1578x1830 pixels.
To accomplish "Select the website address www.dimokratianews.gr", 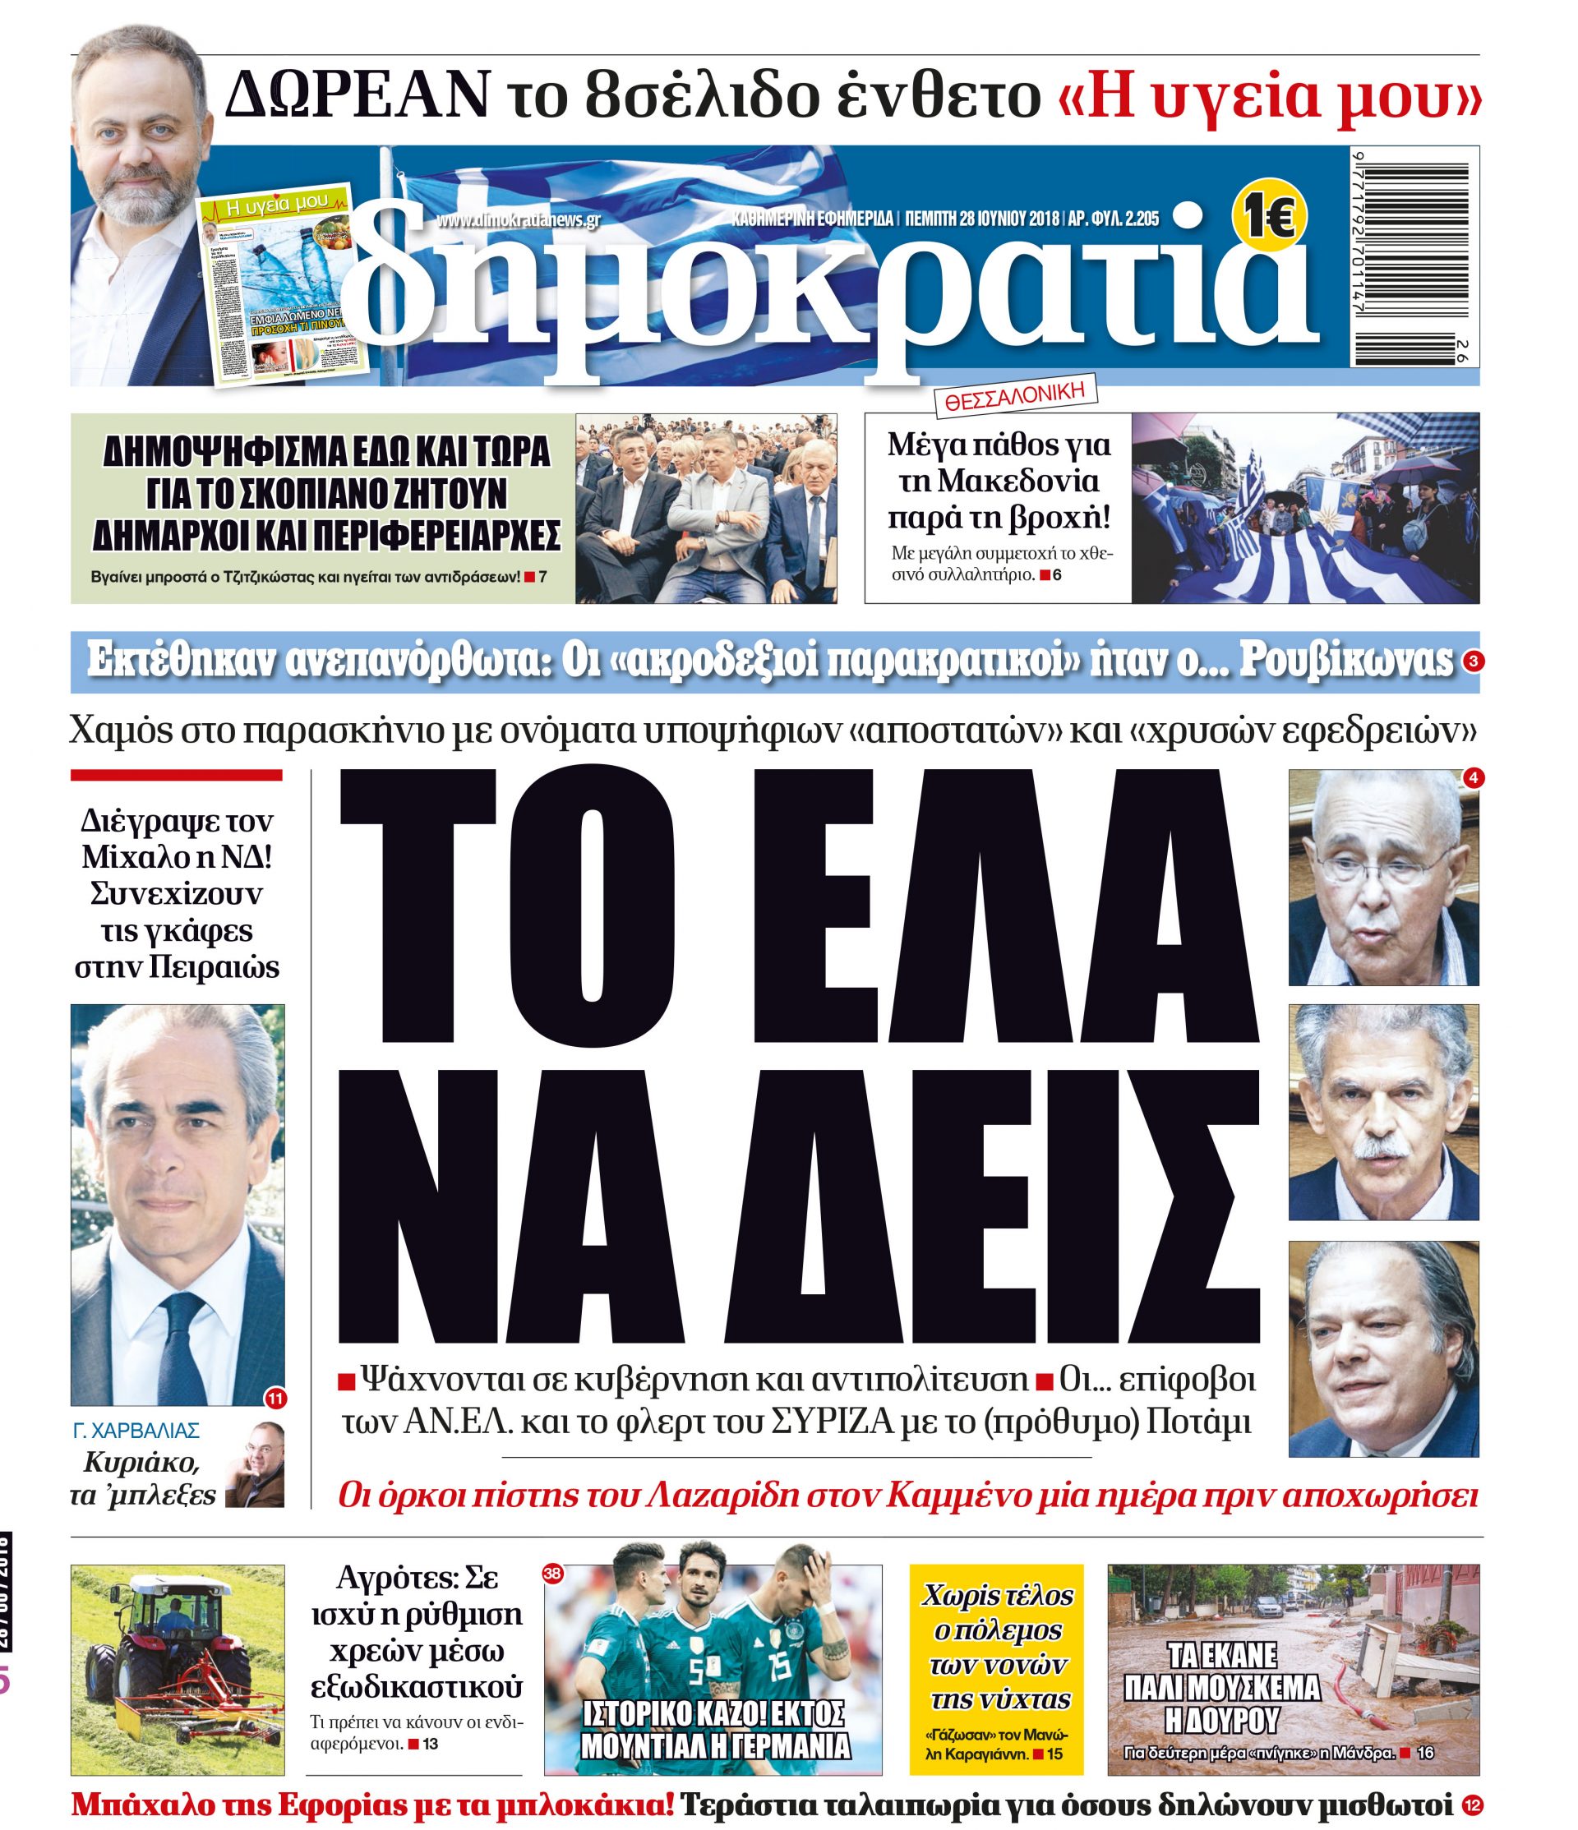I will point(519,219).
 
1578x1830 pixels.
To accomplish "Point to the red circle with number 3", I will point(1471,661).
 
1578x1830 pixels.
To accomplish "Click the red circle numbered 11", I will point(275,1398).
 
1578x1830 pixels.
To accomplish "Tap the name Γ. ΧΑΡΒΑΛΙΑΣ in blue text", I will point(137,1431).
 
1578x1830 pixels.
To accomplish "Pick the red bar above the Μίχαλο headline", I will point(177,776).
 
